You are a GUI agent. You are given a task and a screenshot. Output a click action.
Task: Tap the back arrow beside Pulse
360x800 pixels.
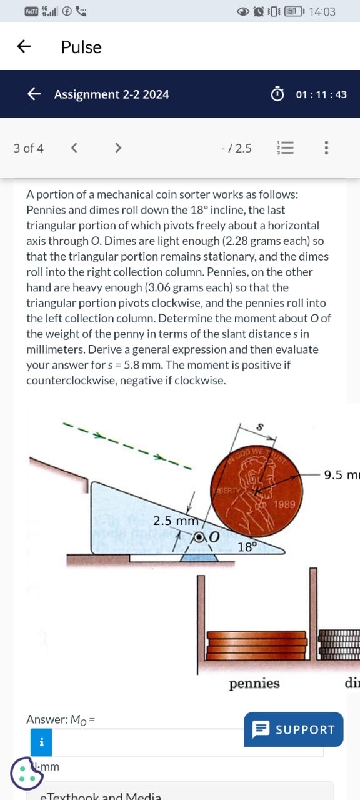point(24,47)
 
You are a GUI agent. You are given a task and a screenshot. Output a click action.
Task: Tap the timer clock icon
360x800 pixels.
point(277,94)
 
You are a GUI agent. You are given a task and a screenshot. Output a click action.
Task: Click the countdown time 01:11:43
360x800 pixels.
point(321,94)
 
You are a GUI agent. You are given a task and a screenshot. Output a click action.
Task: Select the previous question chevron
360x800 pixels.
point(74,148)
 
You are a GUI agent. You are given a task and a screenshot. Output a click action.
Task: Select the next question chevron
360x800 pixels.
point(117,148)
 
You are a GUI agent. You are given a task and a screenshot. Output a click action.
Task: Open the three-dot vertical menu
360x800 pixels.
point(326,148)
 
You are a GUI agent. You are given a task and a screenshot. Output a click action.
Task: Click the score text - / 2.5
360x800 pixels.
point(236,148)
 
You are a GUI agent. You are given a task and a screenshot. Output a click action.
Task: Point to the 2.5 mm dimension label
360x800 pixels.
point(176,521)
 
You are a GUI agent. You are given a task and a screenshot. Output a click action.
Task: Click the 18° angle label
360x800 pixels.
point(247,547)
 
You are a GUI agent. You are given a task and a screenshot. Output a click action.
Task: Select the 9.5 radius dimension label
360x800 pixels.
point(341,475)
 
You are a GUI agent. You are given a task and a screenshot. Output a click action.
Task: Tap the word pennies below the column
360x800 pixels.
point(254,683)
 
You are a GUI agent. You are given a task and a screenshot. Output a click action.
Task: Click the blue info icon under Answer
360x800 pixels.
point(41,742)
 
